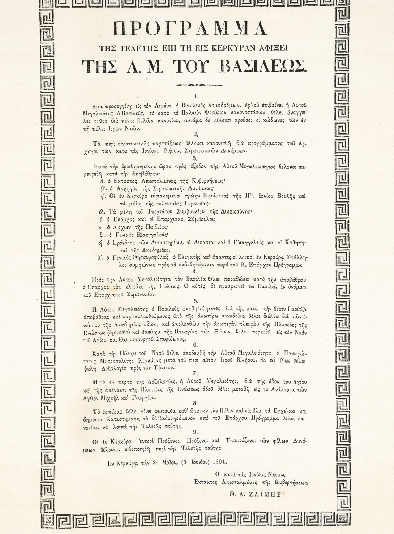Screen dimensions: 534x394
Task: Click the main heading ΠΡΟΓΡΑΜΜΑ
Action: pyautogui.click(x=191, y=29)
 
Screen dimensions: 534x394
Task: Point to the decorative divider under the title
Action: pyautogui.click(x=196, y=85)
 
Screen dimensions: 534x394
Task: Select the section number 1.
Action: pyautogui.click(x=196, y=96)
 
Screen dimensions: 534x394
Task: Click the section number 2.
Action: pyautogui.click(x=196, y=134)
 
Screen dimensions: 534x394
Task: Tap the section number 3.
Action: pyautogui.click(x=195, y=158)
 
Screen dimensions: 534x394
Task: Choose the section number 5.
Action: pyautogui.click(x=196, y=301)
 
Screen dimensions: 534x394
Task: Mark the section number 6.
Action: pyautogui.click(x=195, y=345)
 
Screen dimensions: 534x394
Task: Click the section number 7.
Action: pyautogui.click(x=195, y=372)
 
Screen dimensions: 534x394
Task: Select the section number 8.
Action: pyautogui.click(x=195, y=403)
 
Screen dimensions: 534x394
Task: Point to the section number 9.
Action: pyautogui.click(x=195, y=431)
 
